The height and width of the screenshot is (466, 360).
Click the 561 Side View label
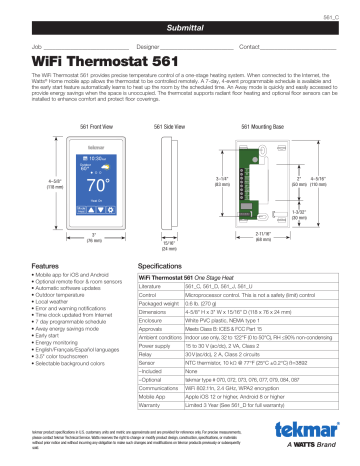148,129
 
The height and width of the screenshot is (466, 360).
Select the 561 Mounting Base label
247,129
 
